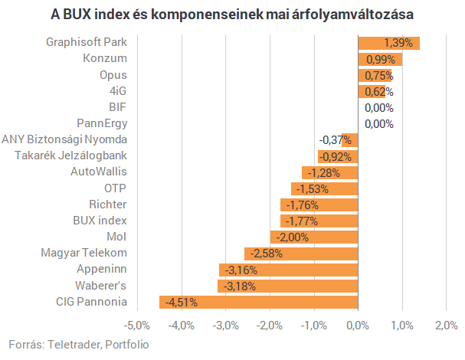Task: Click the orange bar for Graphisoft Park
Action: [389, 44]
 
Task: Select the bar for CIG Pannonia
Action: [259, 303]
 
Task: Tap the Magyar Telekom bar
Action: [301, 254]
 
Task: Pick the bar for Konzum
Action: [380, 59]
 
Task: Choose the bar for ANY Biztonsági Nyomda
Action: [350, 140]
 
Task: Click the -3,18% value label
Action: [240, 286]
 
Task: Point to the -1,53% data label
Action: [313, 189]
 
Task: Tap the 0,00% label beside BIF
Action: [379, 108]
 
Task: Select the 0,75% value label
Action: [379, 76]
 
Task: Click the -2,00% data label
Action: [293, 237]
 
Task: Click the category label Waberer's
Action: [101, 286]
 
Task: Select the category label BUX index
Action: [100, 221]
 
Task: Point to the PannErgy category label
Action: [102, 123]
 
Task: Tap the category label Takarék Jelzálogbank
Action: [71, 155]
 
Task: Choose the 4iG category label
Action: [118, 91]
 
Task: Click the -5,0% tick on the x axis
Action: [137, 326]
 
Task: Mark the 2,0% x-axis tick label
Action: [447, 326]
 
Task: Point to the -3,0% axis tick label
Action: [226, 326]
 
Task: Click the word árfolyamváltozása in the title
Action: [352, 15]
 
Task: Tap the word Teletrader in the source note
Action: [75, 345]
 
